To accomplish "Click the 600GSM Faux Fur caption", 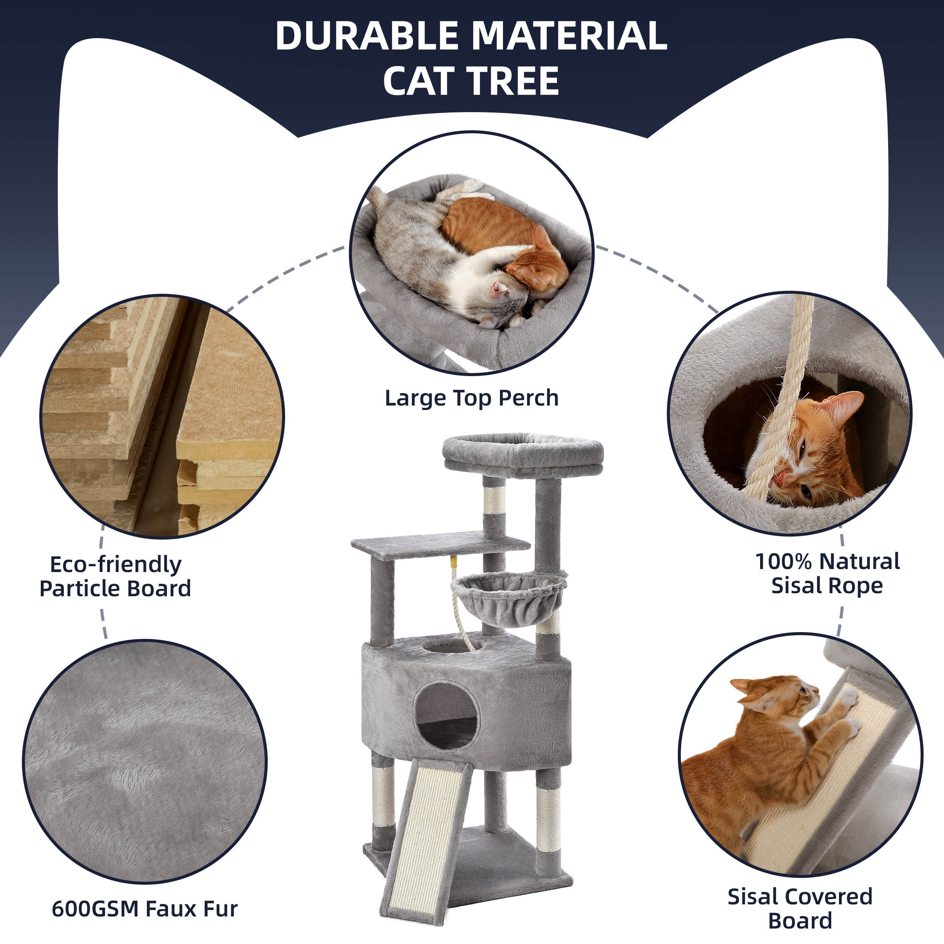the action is [x=145, y=909].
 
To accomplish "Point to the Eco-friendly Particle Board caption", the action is [x=115, y=577].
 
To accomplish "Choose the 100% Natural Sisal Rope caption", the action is [x=828, y=574].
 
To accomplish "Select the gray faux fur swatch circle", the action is [x=145, y=762].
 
